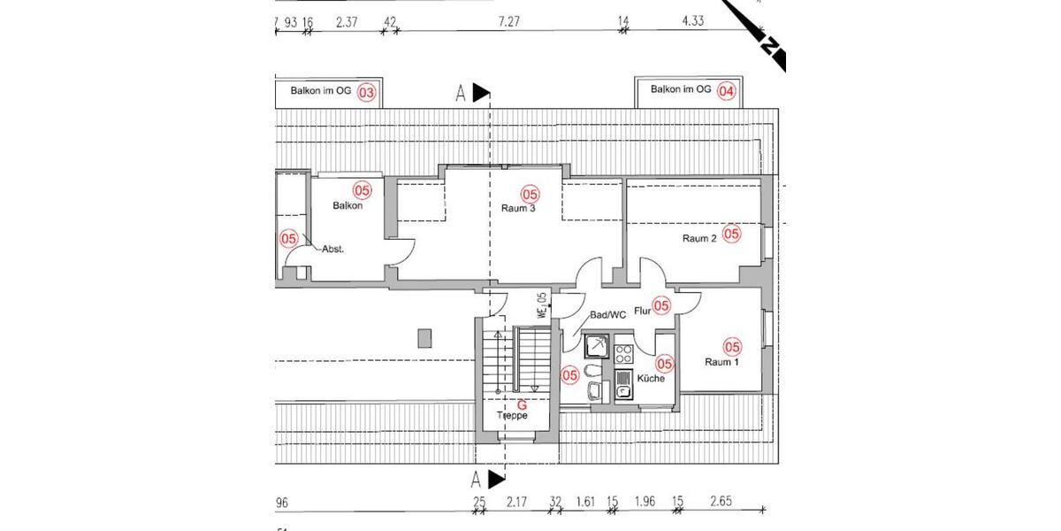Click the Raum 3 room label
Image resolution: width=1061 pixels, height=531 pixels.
(x=520, y=209)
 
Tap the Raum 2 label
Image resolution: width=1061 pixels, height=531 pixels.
(x=699, y=239)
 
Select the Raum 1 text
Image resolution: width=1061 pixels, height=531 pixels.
(x=722, y=362)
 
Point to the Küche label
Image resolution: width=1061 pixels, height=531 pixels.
(x=650, y=379)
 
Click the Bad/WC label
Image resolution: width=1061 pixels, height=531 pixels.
(x=607, y=314)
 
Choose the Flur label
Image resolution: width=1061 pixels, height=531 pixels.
(x=643, y=311)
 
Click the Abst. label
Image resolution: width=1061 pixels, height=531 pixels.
(x=332, y=250)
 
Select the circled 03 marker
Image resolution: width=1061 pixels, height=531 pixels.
(x=366, y=90)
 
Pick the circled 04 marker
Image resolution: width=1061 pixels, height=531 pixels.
(x=727, y=90)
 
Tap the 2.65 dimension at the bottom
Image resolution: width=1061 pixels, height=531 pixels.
(x=721, y=503)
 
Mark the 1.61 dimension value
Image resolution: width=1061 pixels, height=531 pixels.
(x=584, y=503)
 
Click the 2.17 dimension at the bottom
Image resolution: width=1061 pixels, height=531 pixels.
(x=518, y=503)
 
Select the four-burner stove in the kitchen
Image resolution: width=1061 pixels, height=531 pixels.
(x=623, y=354)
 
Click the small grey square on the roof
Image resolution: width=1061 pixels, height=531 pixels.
(x=424, y=339)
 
